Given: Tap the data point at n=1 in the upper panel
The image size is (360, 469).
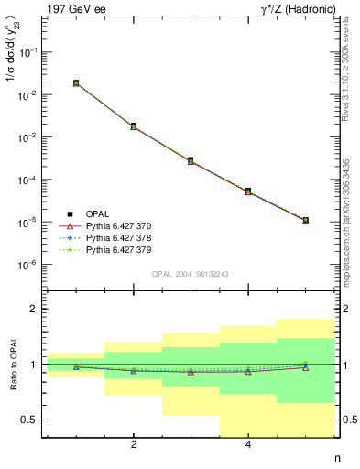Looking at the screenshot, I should pyautogui.click(x=76, y=82).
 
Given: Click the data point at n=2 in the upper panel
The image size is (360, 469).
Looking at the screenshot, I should pyautogui.click(x=134, y=126).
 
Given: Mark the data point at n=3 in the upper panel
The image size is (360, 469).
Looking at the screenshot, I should pyautogui.click(x=191, y=160).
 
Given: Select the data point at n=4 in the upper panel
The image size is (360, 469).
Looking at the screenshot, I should pyautogui.click(x=248, y=191).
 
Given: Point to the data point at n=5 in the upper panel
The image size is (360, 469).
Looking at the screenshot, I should pyautogui.click(x=305, y=221).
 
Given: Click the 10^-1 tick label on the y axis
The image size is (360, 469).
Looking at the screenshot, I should pyautogui.click(x=31, y=52).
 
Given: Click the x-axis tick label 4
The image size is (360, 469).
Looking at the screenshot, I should pyautogui.click(x=248, y=445).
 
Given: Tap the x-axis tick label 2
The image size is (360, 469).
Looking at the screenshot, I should pyautogui.click(x=134, y=445).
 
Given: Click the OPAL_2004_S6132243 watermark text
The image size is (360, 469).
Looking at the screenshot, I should pyautogui.click(x=191, y=274).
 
